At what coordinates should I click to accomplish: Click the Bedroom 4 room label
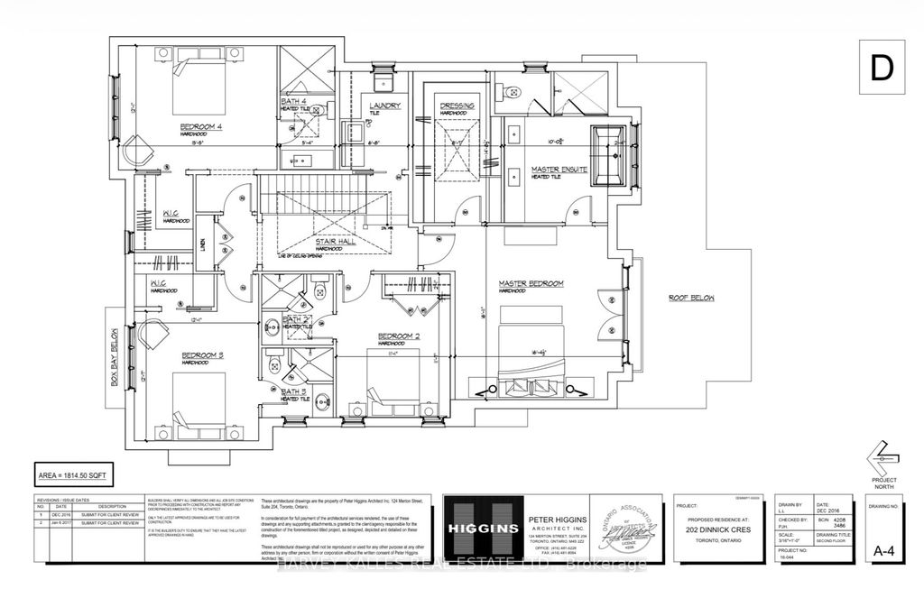[202, 125]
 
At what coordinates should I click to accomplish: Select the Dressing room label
[457, 106]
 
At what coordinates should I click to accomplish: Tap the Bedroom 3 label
[202, 354]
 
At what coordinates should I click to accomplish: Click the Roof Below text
[690, 297]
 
